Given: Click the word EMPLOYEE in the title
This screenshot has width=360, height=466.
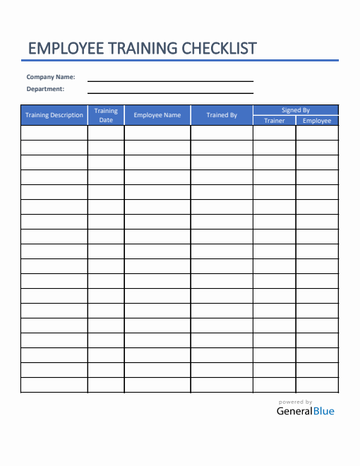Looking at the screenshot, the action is pyautogui.click(x=63, y=48).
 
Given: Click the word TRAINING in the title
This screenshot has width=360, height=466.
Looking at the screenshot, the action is pyautogui.click(x=139, y=48).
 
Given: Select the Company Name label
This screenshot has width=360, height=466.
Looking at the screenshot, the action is pyautogui.click(x=51, y=77).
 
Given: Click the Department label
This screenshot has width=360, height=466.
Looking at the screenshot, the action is pyautogui.click(x=45, y=89).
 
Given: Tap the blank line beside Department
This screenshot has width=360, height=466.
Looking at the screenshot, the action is pyautogui.click(x=170, y=92).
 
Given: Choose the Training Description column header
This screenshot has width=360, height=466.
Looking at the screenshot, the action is pyautogui.click(x=54, y=115).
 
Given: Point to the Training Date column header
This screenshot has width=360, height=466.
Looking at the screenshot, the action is pyautogui.click(x=106, y=115).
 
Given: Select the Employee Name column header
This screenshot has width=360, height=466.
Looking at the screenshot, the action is pyautogui.click(x=157, y=115).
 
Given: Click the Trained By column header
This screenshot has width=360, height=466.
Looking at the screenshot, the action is pyautogui.click(x=222, y=115).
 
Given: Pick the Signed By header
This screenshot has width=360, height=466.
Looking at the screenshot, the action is pyautogui.click(x=296, y=110).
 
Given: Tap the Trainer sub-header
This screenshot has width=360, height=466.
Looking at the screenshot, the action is pyautogui.click(x=275, y=121).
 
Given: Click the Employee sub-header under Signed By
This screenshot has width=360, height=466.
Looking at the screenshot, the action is pyautogui.click(x=317, y=121).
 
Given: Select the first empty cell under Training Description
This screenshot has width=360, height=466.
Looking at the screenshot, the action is pyautogui.click(x=54, y=133).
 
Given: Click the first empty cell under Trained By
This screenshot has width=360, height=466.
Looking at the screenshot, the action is pyautogui.click(x=222, y=133).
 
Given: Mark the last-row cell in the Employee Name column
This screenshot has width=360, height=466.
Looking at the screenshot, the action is pyautogui.click(x=157, y=385).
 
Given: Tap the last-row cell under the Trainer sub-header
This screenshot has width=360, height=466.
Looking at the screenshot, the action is pyautogui.click(x=275, y=385).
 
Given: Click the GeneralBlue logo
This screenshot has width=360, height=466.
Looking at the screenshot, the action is pyautogui.click(x=306, y=411).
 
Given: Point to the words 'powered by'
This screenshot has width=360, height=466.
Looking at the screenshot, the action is pyautogui.click(x=296, y=402).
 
